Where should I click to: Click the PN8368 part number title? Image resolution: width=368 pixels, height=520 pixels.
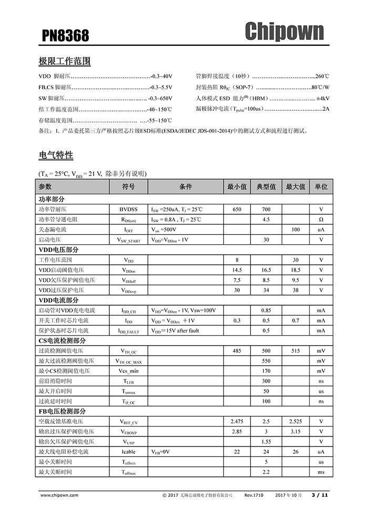click(66, 36)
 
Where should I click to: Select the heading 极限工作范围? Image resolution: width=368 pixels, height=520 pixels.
click(65, 61)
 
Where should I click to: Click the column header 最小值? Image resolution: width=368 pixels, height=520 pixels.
click(237, 187)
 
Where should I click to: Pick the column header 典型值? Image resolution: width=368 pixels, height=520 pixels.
click(266, 187)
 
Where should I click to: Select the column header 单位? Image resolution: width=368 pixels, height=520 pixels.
click(321, 187)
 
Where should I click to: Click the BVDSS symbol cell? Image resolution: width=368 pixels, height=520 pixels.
click(128, 209)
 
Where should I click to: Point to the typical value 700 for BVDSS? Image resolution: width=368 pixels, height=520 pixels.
click(266, 209)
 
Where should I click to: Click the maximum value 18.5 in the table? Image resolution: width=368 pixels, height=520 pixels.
click(295, 270)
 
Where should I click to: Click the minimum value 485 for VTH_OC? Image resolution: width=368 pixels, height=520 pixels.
click(237, 351)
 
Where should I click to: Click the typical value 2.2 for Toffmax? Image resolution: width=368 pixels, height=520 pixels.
click(266, 472)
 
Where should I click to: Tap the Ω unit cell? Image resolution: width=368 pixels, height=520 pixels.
click(321, 219)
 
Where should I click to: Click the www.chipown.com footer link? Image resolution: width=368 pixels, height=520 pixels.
click(59, 495)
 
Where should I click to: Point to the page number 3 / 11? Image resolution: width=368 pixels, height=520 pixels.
click(320, 495)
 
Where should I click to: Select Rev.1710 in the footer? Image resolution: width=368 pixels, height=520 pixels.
click(254, 495)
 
